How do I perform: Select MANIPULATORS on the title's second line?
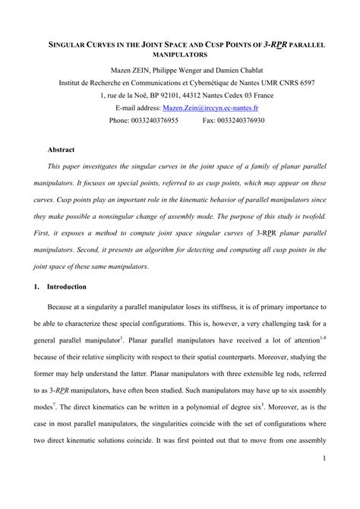point(179,56)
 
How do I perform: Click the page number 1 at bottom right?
point(324,479)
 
